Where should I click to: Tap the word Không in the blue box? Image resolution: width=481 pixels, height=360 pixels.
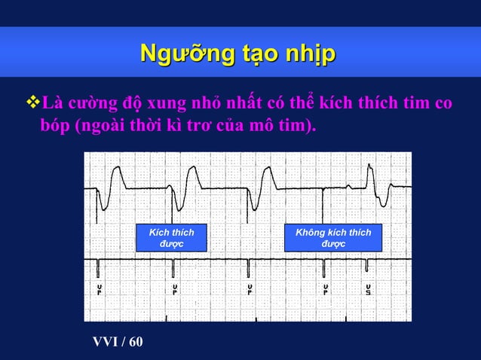[x=311, y=233]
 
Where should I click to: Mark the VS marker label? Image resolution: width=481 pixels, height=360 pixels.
[x=368, y=291]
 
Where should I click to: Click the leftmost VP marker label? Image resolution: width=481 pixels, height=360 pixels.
[x=99, y=291]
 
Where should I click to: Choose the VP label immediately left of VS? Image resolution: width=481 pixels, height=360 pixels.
[x=325, y=291]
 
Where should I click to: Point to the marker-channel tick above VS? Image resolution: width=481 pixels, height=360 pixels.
[x=367, y=266]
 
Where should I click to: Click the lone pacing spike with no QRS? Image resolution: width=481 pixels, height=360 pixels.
[x=323, y=203]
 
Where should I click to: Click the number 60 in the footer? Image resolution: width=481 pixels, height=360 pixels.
[x=135, y=343]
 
